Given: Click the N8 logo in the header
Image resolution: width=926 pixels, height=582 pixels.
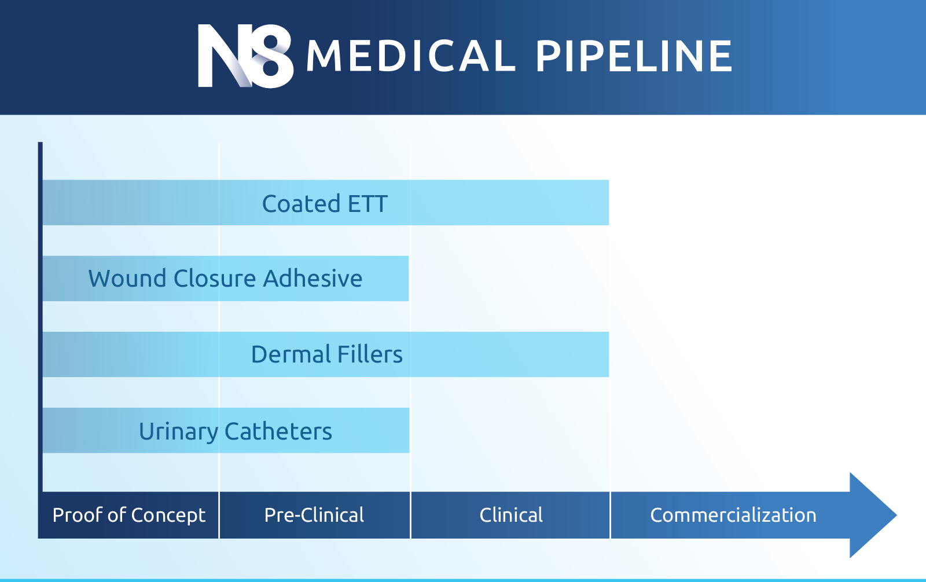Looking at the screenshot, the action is [245, 56].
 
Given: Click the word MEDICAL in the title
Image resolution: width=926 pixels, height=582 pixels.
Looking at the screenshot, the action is [411, 56].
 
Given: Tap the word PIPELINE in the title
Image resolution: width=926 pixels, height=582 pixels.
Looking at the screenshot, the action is [634, 56].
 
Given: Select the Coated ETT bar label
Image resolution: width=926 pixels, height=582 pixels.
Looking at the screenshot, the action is [325, 203].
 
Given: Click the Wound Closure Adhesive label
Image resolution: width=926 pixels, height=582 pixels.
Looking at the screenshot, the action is [225, 278].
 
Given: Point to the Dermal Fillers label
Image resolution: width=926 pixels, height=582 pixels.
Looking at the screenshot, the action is [326, 354].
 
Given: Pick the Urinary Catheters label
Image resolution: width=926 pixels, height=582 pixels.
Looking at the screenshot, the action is [235, 431].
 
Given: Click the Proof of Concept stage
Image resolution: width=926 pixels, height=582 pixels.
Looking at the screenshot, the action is [128, 515].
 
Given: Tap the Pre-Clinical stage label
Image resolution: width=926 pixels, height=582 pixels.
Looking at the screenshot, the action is [314, 515].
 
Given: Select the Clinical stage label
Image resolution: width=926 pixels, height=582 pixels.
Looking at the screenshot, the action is [511, 515].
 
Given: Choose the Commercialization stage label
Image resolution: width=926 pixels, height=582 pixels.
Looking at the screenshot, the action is [733, 515].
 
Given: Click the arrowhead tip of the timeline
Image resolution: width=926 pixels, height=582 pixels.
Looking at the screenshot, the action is [896, 515].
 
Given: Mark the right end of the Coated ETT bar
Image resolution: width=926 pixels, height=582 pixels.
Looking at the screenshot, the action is [608, 203].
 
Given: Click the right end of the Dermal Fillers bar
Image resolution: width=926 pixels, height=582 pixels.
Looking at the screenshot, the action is [608, 354].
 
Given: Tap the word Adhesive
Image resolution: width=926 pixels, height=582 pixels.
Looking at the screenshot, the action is [313, 278].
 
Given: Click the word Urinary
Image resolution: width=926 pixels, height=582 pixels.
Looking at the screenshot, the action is [178, 432].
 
